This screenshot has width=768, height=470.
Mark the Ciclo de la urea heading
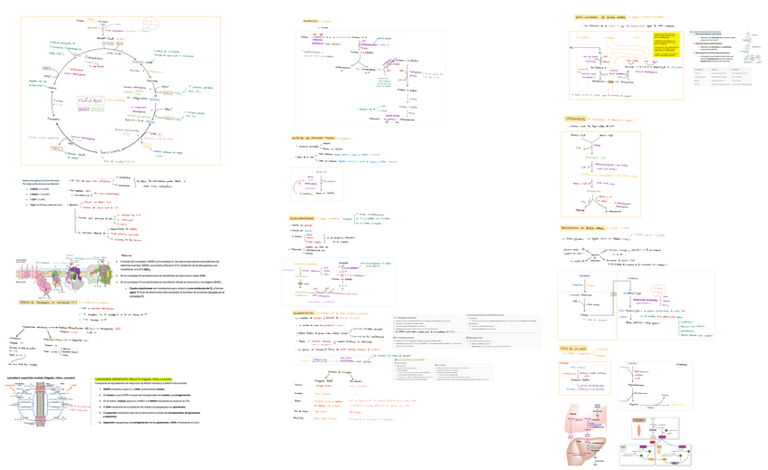pyautogui.click(x=575, y=348)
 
